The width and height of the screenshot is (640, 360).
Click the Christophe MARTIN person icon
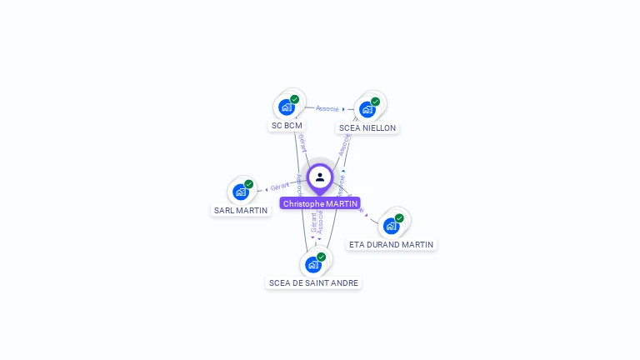click(x=320, y=177)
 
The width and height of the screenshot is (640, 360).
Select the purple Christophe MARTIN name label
click(x=320, y=203)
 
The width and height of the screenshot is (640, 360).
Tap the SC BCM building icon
click(x=287, y=107)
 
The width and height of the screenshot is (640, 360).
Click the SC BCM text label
click(x=287, y=126)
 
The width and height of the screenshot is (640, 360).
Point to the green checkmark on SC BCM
click(x=294, y=99)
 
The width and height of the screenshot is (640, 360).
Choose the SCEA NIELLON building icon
click(x=367, y=109)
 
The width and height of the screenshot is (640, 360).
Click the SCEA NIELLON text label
click(x=367, y=128)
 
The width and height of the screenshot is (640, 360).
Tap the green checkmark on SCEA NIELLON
click(x=375, y=102)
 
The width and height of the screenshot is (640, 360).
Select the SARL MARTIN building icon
click(x=241, y=192)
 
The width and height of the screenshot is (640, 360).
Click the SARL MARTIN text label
click(x=241, y=210)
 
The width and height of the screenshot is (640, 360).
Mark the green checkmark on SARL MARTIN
click(x=248, y=184)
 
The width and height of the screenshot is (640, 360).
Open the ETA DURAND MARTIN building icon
click(x=391, y=226)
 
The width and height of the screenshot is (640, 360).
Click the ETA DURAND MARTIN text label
click(x=391, y=245)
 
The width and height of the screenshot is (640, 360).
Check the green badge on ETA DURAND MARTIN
click(x=399, y=218)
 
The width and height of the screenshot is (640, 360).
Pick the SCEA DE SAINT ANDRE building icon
click(x=313, y=265)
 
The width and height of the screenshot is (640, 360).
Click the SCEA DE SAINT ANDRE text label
click(x=313, y=283)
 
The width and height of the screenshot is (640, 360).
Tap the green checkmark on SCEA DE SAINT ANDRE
click(x=321, y=257)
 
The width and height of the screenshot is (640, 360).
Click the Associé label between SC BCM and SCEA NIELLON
click(x=327, y=108)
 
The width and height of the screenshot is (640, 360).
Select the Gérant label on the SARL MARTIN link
click(x=280, y=187)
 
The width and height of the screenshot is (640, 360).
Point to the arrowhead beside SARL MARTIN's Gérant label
click(x=266, y=189)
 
